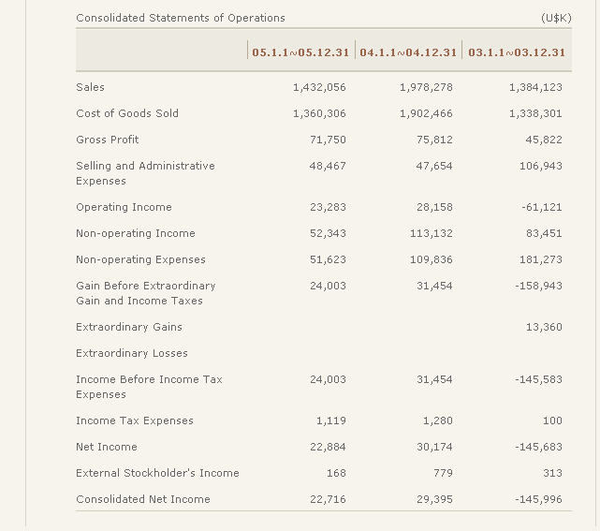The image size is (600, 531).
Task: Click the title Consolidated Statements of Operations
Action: tap(181, 18)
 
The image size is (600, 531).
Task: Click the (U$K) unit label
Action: tap(556, 18)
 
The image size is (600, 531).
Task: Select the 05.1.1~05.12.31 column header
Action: tap(300, 52)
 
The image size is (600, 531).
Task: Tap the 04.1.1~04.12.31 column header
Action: tap(408, 52)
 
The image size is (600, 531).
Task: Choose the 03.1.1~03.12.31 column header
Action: tap(517, 52)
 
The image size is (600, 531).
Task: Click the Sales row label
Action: tap(91, 87)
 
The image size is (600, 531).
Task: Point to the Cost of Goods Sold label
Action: tap(127, 113)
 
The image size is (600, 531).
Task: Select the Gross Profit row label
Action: tap(108, 140)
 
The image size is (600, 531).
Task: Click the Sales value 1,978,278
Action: tap(426, 87)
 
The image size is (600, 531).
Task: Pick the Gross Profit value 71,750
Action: tap(328, 140)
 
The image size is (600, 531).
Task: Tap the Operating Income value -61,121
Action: tap(540, 207)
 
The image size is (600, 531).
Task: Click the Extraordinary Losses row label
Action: tap(132, 353)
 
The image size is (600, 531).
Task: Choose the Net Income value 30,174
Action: tap(434, 447)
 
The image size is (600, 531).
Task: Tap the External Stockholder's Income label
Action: tap(157, 473)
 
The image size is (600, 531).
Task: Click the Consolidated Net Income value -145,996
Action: tap(538, 499)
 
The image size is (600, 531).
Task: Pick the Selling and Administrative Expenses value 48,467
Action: tap(328, 166)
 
